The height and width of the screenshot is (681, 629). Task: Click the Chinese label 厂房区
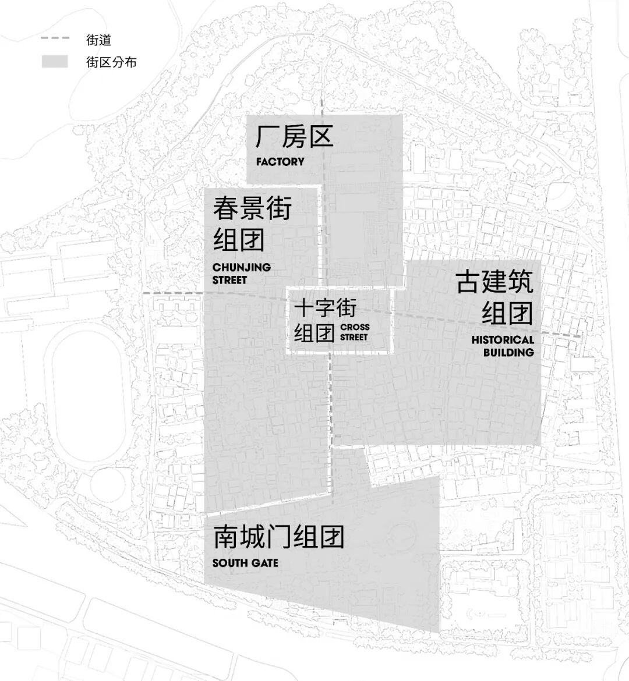tap(294, 137)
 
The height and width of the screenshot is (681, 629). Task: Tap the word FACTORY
tap(280, 162)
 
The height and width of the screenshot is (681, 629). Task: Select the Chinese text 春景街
tap(252, 208)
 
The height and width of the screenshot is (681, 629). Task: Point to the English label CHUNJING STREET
tap(241, 274)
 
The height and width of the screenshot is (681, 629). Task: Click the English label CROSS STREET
tap(355, 332)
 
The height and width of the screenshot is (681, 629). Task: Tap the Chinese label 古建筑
tap(494, 282)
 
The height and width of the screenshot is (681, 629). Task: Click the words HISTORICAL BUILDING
tap(503, 346)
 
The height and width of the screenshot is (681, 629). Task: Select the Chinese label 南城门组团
tap(278, 537)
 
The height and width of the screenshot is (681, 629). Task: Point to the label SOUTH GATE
tap(245, 563)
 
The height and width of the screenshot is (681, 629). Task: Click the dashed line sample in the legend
tap(55, 38)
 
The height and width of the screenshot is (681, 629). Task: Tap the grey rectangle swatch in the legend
tap(55, 62)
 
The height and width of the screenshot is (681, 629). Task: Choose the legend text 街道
tap(98, 40)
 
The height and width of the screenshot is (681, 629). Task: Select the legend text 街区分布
tap(111, 62)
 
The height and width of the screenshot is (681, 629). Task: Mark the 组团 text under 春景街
tap(239, 240)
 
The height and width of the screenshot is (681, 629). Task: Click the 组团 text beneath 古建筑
tap(507, 313)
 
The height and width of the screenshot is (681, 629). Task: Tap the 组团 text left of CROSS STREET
tap(314, 334)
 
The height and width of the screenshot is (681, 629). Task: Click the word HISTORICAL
tap(503, 340)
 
